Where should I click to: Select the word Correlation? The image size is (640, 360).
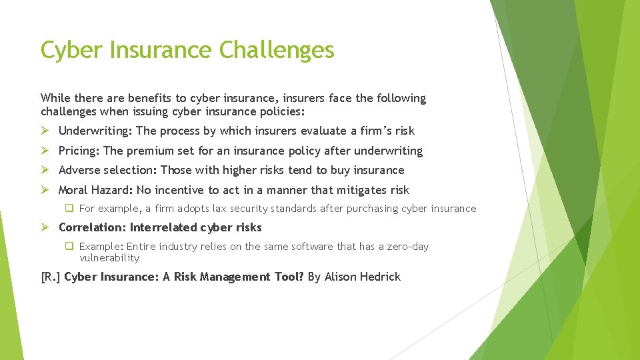pyautogui.click(x=93, y=227)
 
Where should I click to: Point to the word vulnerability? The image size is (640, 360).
pyautogui.click(x=109, y=258)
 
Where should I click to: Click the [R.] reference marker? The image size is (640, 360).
pyautogui.click(x=51, y=277)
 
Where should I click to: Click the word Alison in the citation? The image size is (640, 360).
pyautogui.click(x=340, y=277)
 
